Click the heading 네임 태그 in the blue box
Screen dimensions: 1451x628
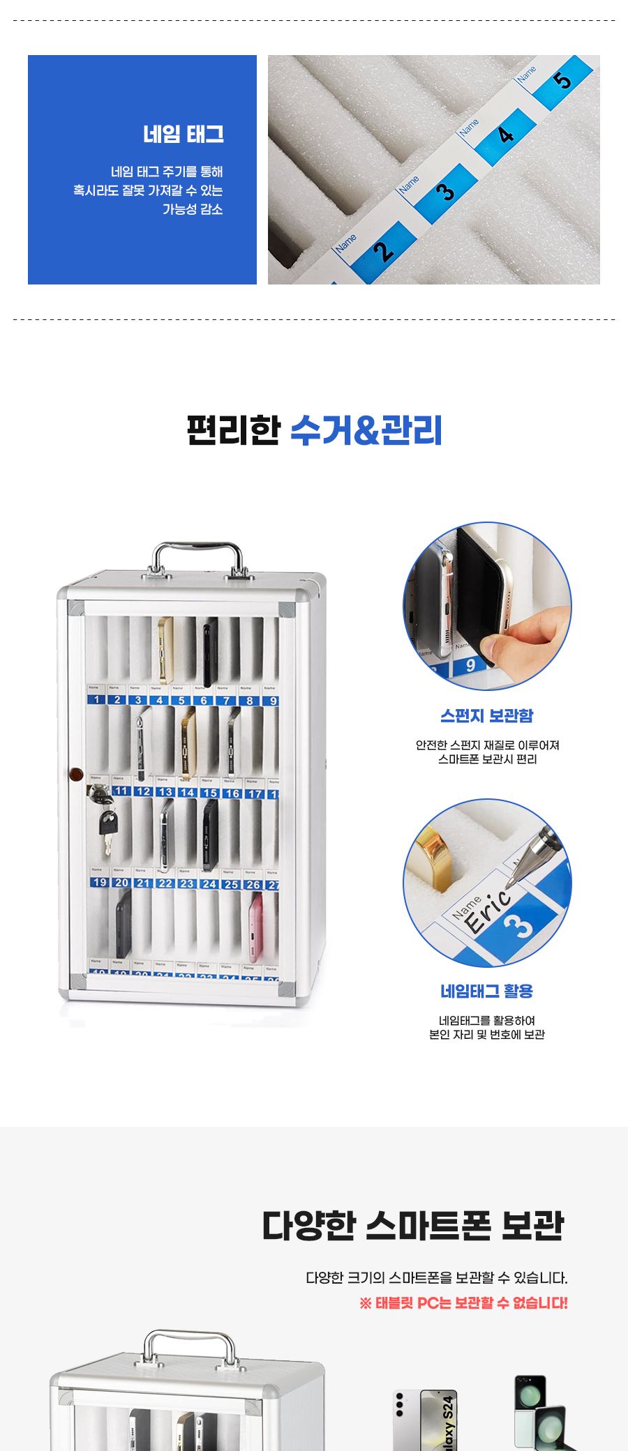(184, 134)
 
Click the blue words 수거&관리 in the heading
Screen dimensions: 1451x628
(366, 430)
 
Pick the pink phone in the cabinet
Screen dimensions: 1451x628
(256, 927)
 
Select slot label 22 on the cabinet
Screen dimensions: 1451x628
(165, 883)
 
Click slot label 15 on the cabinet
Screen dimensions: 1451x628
(209, 793)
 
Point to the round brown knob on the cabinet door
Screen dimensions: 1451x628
(76, 774)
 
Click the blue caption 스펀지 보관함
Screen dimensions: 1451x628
(487, 715)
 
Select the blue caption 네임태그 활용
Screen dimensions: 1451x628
(487, 991)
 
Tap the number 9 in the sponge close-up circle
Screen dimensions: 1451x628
(470, 665)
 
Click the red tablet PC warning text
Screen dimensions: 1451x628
(463, 1302)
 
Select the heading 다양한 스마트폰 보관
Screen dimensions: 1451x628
(413, 1226)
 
